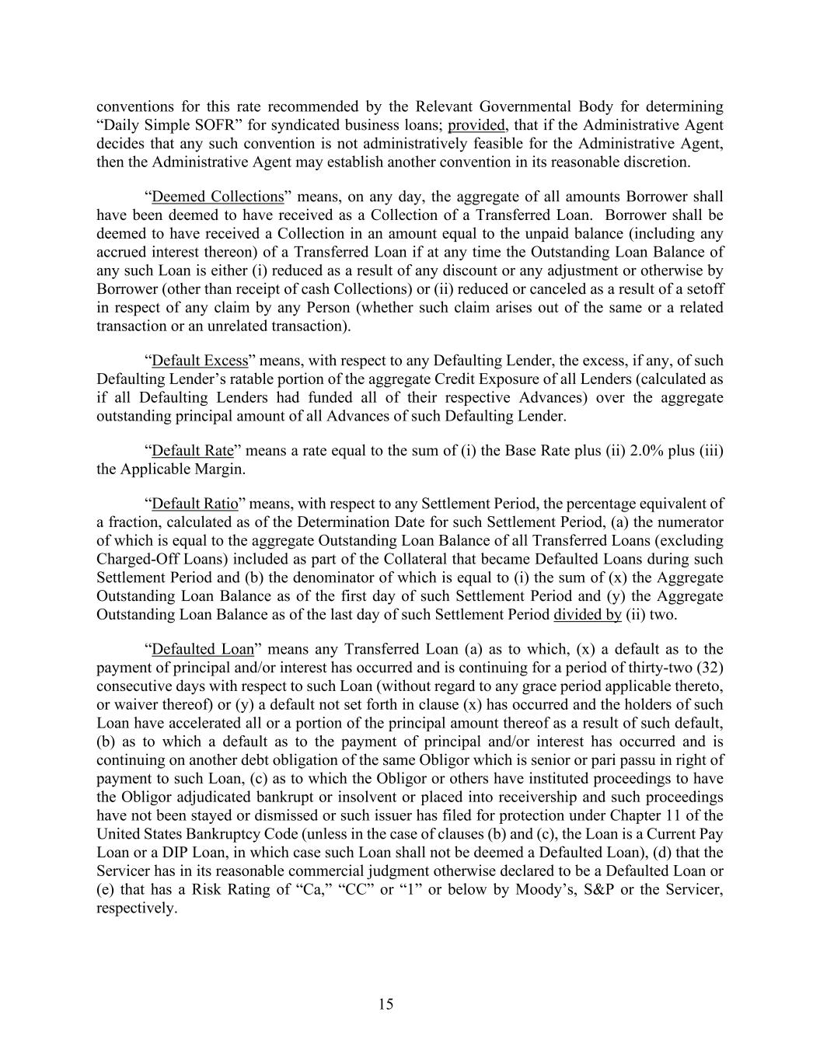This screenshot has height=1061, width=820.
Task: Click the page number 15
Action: pos(386,1004)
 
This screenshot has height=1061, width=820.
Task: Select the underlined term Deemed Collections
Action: pos(218,197)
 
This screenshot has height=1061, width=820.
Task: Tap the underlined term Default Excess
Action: pos(200,361)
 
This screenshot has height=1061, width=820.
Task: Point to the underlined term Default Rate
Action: pos(192,451)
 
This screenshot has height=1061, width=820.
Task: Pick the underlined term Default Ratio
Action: pos(195,504)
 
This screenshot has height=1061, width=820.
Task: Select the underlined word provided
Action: pos(476,125)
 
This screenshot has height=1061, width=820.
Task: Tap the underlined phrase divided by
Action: pos(587,615)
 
